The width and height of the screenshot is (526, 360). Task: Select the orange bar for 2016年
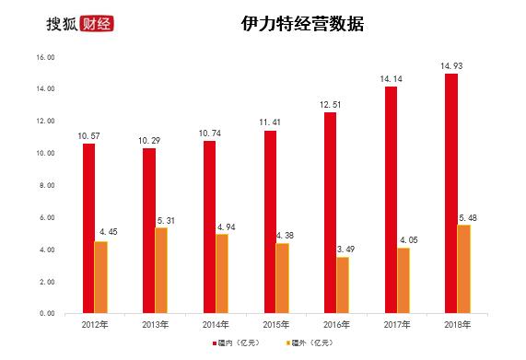(x=343, y=285)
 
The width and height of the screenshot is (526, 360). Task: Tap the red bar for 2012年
(x=89, y=228)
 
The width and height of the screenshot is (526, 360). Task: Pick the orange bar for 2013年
(x=162, y=270)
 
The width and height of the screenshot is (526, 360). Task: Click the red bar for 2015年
(x=270, y=222)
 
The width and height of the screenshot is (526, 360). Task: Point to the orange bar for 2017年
(x=403, y=280)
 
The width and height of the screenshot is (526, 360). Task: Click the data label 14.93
(x=451, y=64)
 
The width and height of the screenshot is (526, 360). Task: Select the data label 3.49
(x=343, y=248)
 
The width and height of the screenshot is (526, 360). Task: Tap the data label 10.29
(x=149, y=139)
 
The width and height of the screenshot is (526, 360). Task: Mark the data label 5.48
(x=464, y=216)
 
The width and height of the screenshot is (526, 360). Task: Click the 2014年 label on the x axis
(x=215, y=324)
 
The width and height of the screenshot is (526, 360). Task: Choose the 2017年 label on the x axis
(x=396, y=324)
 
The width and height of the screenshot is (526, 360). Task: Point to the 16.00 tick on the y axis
(x=45, y=57)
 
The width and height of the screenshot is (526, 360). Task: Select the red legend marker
(x=212, y=343)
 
